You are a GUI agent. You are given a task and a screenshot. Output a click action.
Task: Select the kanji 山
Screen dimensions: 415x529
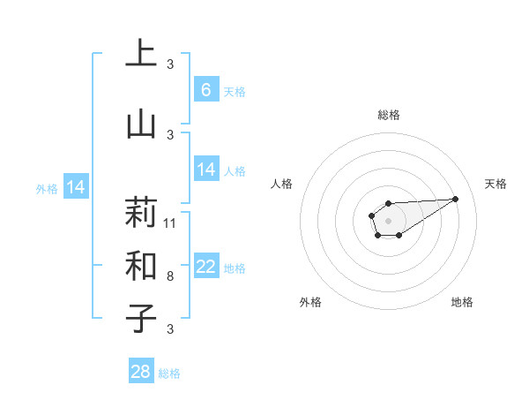coord(141,124)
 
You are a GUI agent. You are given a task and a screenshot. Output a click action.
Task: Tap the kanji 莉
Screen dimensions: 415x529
coord(141,213)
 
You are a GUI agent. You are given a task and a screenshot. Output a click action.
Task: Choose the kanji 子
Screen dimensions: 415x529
coord(141,318)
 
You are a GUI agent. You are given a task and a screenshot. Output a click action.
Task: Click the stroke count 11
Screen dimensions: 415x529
coord(170,223)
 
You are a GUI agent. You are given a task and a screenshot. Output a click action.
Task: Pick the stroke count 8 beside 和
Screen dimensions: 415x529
coord(170,276)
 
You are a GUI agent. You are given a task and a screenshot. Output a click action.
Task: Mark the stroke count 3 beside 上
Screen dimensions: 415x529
coord(170,64)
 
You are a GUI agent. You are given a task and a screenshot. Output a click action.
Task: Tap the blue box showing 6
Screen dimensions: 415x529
coord(205,89)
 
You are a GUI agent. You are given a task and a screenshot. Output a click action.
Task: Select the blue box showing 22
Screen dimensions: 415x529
coord(205,266)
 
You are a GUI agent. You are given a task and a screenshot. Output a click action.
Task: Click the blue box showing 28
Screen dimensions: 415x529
coord(141,372)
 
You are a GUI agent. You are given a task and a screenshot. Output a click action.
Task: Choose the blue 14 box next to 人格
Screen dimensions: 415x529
coord(205,169)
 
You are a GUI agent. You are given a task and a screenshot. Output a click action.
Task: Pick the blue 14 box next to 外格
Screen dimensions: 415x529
coord(76,186)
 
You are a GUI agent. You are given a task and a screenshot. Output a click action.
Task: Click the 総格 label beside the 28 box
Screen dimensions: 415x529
coord(169,373)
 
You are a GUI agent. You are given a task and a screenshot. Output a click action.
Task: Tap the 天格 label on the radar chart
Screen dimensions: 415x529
coord(495,184)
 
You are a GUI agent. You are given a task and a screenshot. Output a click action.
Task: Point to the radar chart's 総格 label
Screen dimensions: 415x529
coord(388,116)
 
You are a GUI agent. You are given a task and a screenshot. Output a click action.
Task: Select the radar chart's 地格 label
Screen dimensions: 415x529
coord(462,303)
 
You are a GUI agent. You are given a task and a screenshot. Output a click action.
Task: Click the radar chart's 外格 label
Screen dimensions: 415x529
coord(310,303)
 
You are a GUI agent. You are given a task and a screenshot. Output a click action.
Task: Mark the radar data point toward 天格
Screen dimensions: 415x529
coord(456,198)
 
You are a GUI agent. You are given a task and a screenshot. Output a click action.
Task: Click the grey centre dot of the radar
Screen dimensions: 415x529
coord(388,219)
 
